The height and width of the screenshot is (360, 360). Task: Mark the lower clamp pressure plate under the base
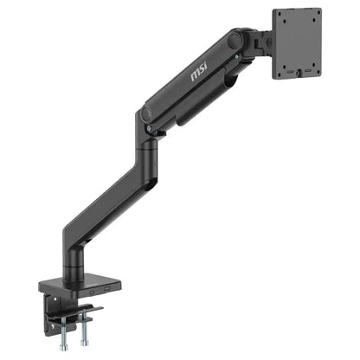click(x=80, y=311)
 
